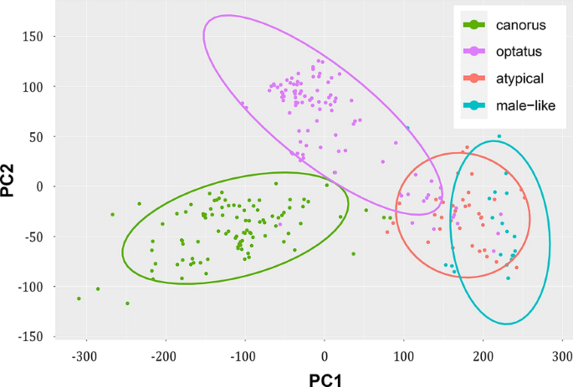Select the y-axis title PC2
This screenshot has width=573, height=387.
10,179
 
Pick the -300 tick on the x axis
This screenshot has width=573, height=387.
84,356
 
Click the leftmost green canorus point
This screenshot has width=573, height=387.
79,298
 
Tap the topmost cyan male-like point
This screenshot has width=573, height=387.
499,136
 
